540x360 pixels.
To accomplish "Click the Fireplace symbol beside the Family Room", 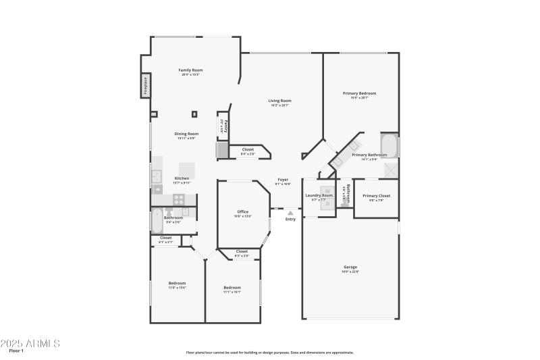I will (145, 86).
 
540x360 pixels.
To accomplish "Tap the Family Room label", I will (190, 70).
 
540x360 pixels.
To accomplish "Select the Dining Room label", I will (187, 134).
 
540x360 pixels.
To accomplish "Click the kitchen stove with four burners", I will (180, 199).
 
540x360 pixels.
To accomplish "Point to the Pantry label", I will (225, 126).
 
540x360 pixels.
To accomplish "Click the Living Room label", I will (279, 101).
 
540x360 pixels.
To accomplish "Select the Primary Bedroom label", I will (359, 93).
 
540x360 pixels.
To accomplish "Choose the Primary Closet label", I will (376, 196).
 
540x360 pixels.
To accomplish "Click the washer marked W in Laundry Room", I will (327, 191).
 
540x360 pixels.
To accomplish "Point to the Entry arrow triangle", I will (291, 213).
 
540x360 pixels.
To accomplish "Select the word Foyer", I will (283, 180).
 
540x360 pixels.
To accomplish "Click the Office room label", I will (242, 212).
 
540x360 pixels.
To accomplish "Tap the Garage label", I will (350, 267).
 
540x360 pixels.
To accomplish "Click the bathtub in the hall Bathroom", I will (157, 220).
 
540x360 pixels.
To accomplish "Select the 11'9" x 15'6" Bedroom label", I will (177, 283).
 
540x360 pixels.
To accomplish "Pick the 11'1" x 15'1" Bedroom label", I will (232, 288).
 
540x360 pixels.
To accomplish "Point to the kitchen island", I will (187, 170).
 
